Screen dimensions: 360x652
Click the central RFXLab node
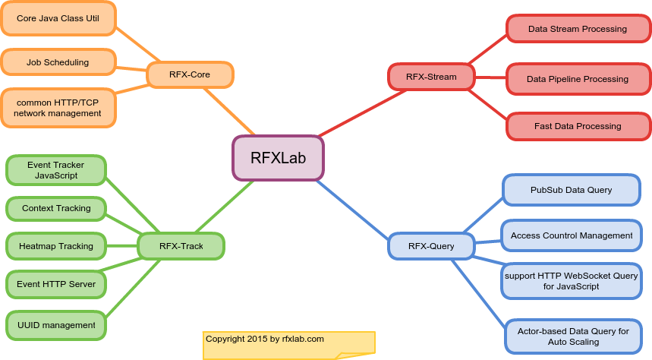click(278, 158)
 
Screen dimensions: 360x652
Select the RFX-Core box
click(190, 74)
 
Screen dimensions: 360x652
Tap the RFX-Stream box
click(431, 76)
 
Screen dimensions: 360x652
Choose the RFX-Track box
click(181, 246)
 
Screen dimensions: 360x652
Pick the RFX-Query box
click(431, 246)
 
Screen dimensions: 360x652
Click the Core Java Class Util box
click(58, 17)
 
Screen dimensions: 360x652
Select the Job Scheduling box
click(58, 62)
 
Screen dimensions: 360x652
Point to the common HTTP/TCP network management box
click(58, 108)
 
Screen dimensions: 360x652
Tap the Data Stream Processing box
click(578, 29)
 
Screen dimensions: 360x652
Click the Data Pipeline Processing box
click(578, 79)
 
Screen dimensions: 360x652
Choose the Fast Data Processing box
click(578, 126)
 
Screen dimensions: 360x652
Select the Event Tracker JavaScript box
click(56, 170)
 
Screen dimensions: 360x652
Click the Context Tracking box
click(56, 208)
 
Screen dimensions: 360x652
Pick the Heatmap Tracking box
click(56, 246)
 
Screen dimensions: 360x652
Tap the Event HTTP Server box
click(56, 284)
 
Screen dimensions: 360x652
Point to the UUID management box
click(56, 325)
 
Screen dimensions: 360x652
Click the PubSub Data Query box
click(571, 189)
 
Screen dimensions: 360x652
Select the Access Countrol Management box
click(571, 235)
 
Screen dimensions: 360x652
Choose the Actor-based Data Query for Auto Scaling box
click(573, 336)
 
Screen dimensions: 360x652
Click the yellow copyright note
click(288, 344)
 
